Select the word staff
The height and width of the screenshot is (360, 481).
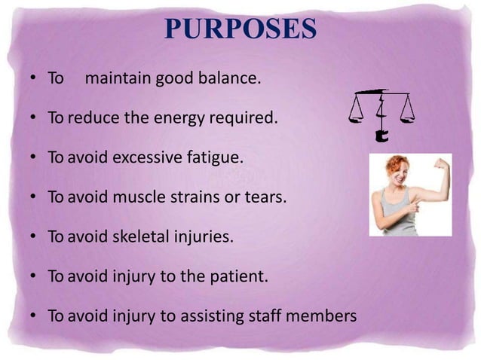click(x=263, y=316)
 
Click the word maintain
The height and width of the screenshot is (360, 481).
click(x=118, y=78)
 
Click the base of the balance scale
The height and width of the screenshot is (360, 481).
click(x=381, y=138)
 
